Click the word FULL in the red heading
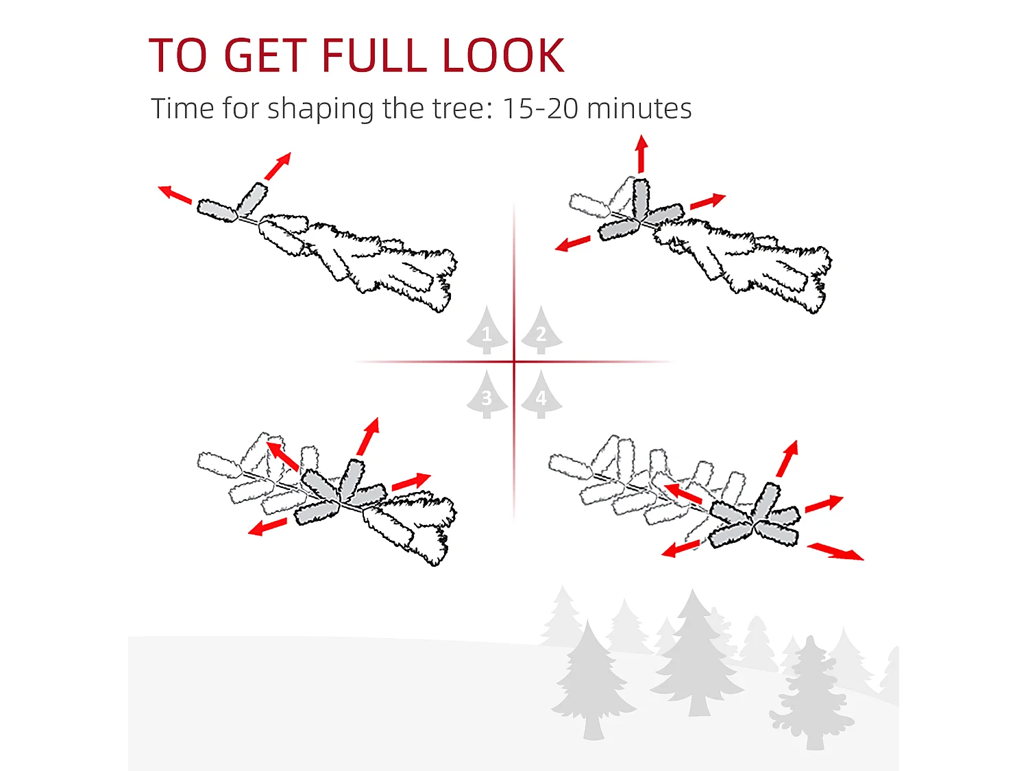click(374, 56)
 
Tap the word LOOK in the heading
click(503, 56)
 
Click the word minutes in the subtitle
click(639, 108)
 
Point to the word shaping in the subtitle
click(320, 110)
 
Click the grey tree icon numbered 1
click(487, 330)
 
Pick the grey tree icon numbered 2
click(541, 330)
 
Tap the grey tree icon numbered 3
click(487, 394)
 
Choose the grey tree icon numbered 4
click(541, 394)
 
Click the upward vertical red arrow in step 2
click(641, 154)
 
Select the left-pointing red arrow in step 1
click(175, 194)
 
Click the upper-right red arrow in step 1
click(278, 166)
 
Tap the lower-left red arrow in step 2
click(572, 243)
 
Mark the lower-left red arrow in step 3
click(267, 526)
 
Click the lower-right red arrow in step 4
click(835, 551)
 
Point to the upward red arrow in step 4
click(787, 458)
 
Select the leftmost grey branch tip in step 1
click(217, 210)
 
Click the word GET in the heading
click(265, 56)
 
